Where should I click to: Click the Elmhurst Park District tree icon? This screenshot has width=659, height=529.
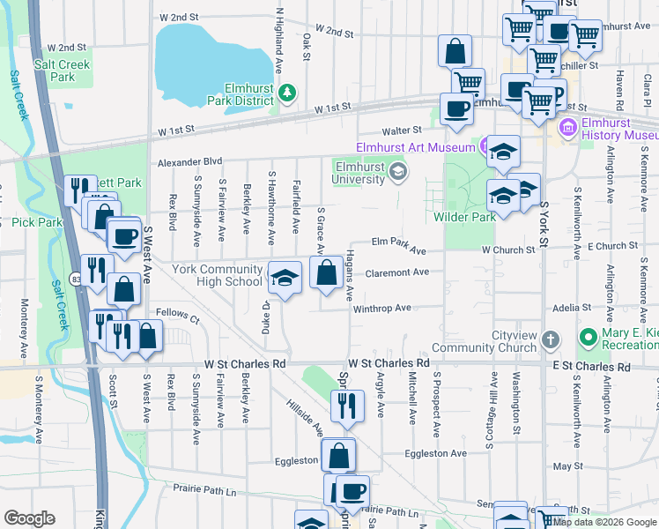point(286,92)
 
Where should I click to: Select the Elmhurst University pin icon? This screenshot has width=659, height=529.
point(399,171)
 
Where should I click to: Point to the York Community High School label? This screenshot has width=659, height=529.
point(217,275)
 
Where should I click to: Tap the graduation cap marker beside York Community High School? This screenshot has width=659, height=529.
point(285,279)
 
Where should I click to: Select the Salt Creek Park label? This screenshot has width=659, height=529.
point(56,71)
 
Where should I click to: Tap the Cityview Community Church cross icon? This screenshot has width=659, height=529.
point(551,339)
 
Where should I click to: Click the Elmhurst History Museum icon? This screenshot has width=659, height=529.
point(568,129)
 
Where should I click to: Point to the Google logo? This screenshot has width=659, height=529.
point(29,518)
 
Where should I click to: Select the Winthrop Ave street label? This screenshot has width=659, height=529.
point(382,308)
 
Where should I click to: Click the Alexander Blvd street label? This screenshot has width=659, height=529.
point(189,162)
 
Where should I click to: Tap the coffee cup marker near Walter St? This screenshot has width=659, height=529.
point(455,110)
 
